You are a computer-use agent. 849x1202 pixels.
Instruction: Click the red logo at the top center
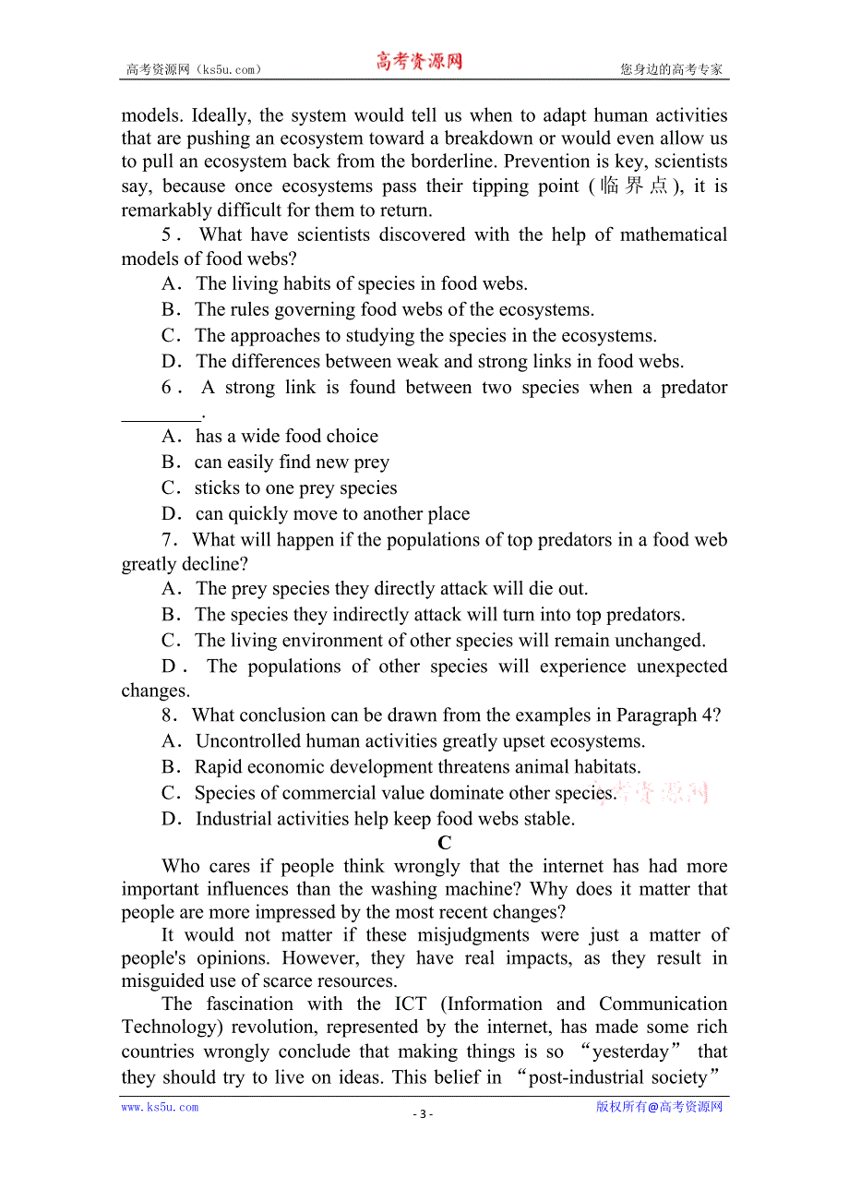[418, 62]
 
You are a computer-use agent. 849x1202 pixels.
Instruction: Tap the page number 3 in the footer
[423, 1113]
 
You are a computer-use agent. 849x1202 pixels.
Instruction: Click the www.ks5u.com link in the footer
[160, 1107]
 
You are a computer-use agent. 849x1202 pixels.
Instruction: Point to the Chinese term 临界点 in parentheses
[633, 186]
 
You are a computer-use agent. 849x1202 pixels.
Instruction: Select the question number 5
[167, 234]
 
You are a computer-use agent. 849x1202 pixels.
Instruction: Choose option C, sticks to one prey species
[295, 487]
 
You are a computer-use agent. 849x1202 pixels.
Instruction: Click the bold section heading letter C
[444, 843]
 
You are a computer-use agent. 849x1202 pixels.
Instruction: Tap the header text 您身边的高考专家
[671, 69]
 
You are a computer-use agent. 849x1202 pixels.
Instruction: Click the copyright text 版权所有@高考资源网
[659, 1107]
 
